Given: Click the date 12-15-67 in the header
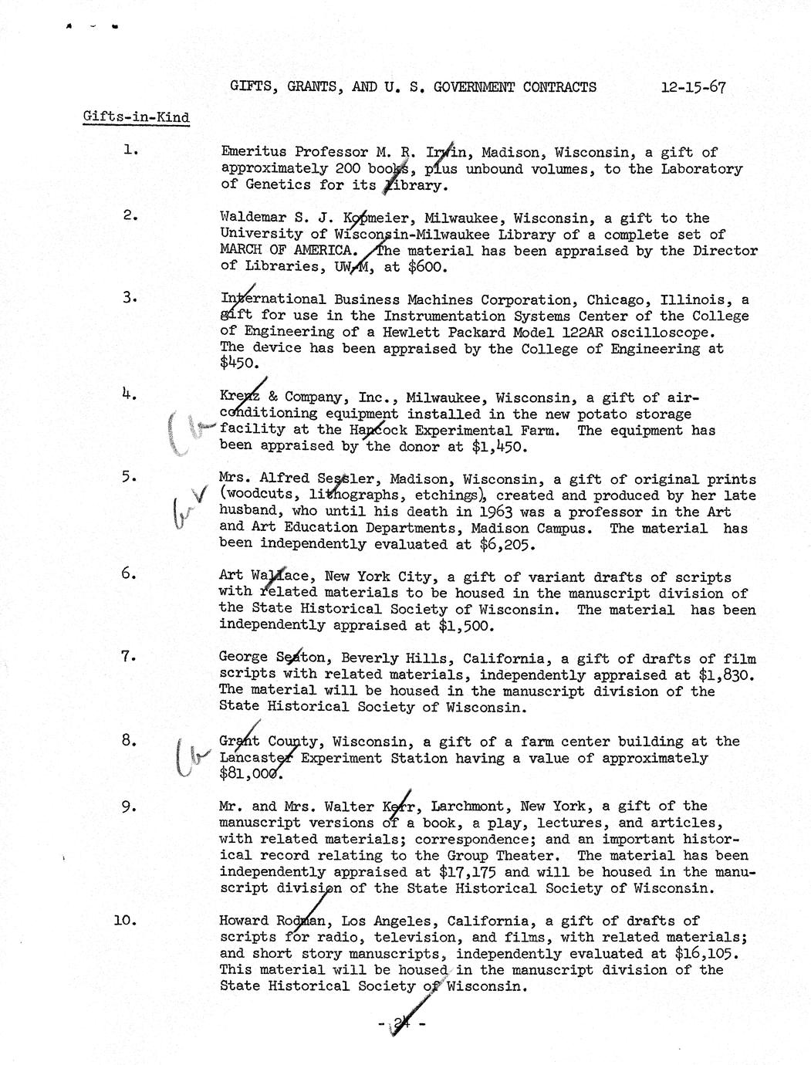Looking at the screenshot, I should point(692,86).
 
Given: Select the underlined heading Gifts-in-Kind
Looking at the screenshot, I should point(135,118).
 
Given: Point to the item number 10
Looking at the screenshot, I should point(125,920).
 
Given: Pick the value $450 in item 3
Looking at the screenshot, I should point(240,364).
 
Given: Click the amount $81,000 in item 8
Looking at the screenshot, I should point(251,774).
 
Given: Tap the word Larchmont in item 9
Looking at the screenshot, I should point(469,806).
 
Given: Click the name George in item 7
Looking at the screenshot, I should point(243,658).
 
